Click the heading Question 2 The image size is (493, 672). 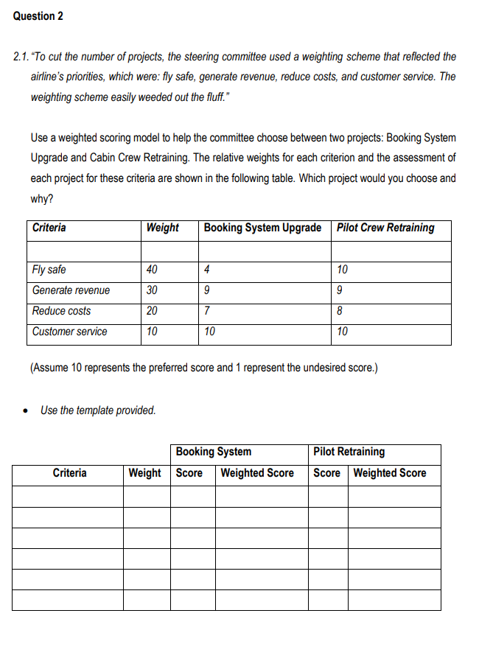38,16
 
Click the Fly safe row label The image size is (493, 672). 49,270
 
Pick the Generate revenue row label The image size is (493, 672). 71,290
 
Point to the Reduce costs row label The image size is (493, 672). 62,311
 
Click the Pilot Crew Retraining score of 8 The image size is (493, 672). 340,311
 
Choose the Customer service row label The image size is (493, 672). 70,332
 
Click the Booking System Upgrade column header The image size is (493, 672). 262,228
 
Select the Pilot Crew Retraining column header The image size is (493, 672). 385,228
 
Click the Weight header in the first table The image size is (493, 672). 162,228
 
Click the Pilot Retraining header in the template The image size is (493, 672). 349,452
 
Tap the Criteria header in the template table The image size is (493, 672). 69,473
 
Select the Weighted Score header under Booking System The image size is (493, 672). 257,473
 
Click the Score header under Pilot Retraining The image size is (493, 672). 327,473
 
